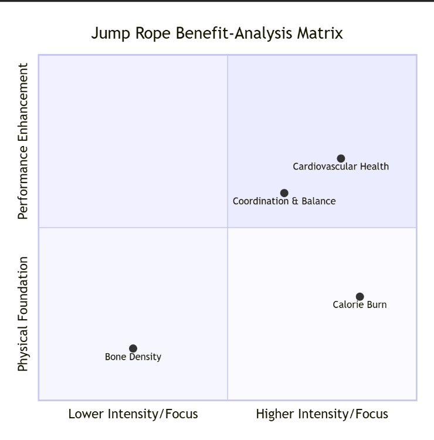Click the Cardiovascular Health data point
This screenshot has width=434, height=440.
pyautogui.click(x=341, y=158)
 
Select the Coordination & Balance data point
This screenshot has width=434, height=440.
pyautogui.click(x=284, y=193)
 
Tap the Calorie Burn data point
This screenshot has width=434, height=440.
pyautogui.click(x=360, y=297)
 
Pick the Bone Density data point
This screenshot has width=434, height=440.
pyautogui.click(x=133, y=348)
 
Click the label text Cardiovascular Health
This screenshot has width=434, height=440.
pyautogui.click(x=341, y=167)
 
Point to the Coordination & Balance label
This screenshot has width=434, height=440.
pyautogui.click(x=284, y=201)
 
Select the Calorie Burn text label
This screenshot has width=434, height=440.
pyautogui.click(x=360, y=304)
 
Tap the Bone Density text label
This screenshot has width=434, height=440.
pyautogui.click(x=133, y=357)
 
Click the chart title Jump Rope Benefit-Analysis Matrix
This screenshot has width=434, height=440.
pyautogui.click(x=217, y=33)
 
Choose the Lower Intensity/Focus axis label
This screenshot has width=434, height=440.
pyautogui.click(x=133, y=414)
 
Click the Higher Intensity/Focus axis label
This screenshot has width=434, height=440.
pyautogui.click(x=322, y=414)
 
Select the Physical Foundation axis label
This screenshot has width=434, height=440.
pyautogui.click(x=23, y=314)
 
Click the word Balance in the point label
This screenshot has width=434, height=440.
pyautogui.click(x=317, y=201)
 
